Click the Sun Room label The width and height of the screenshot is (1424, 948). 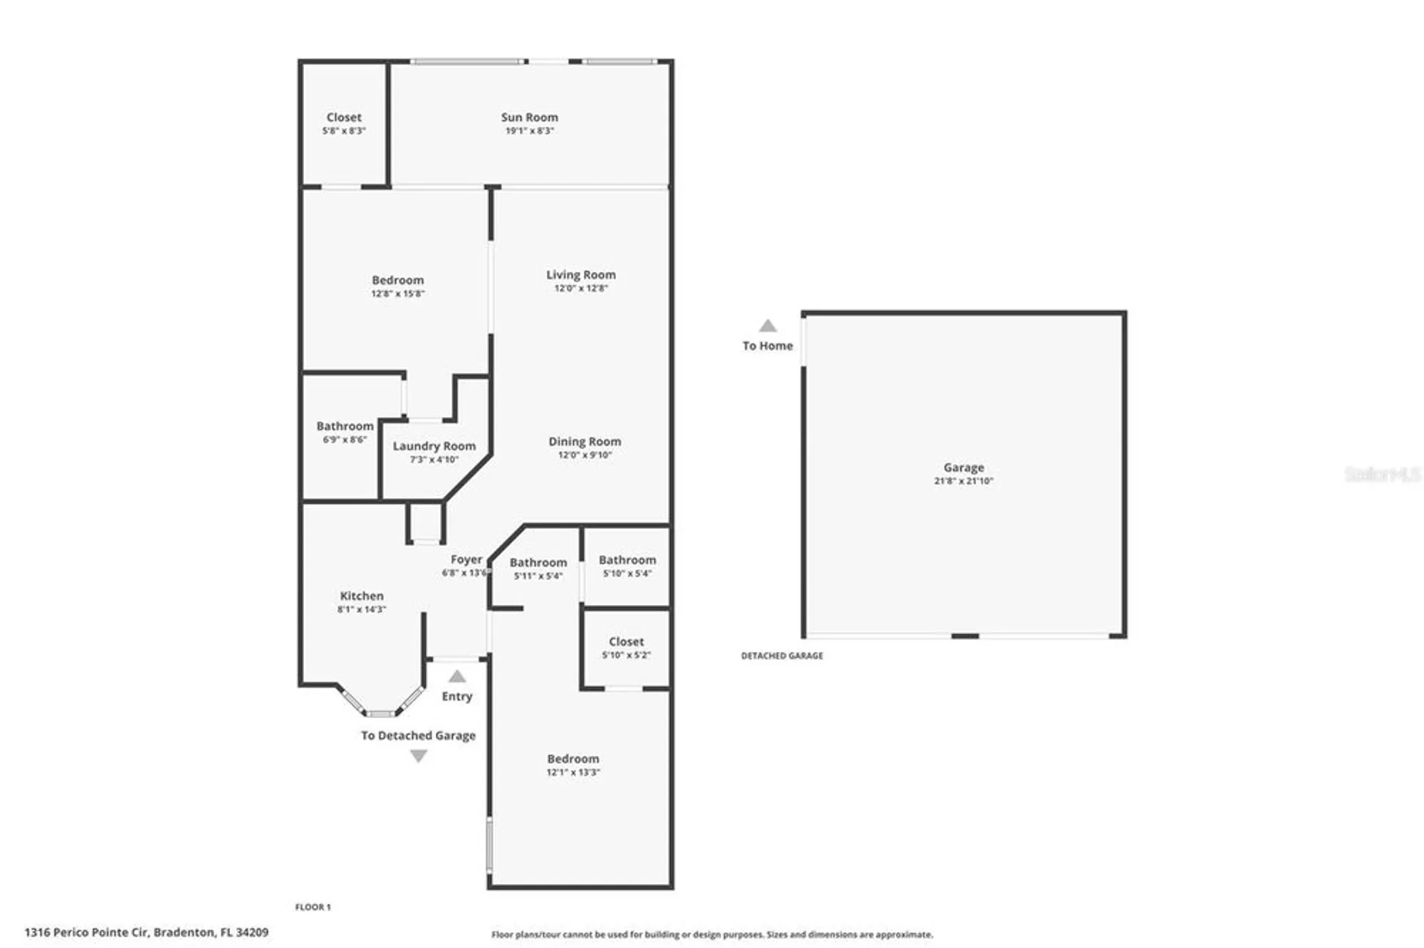(529, 117)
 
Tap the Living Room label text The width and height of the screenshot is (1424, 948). (581, 275)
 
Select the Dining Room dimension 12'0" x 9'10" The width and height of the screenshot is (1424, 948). (585, 455)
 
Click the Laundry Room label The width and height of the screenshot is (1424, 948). (434, 446)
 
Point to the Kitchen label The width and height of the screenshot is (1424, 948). (362, 596)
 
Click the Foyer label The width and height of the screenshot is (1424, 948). (466, 559)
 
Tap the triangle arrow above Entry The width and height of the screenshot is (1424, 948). (457, 676)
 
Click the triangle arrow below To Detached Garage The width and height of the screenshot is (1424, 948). (419, 756)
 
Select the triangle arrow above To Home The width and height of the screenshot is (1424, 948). (768, 326)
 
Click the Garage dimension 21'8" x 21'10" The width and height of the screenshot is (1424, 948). (963, 481)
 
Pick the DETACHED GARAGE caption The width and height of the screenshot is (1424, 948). (782, 655)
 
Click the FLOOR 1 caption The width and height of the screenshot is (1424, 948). (313, 907)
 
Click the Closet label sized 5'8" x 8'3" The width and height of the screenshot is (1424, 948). (344, 117)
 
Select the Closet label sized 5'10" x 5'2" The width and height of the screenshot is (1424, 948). (626, 641)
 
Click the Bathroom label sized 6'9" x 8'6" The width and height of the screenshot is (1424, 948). (345, 426)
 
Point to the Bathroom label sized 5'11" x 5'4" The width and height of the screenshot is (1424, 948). (538, 562)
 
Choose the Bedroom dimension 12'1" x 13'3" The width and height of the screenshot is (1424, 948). (573, 772)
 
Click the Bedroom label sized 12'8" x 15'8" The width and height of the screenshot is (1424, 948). (397, 280)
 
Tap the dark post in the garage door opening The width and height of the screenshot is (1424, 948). (965, 636)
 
